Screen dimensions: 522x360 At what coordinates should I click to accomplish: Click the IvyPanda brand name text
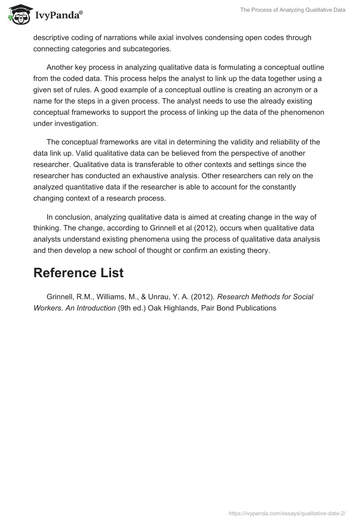pos(58,16)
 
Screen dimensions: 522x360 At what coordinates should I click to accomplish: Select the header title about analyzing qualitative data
pos(293,9)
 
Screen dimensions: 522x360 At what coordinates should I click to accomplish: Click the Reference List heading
pos(78,273)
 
